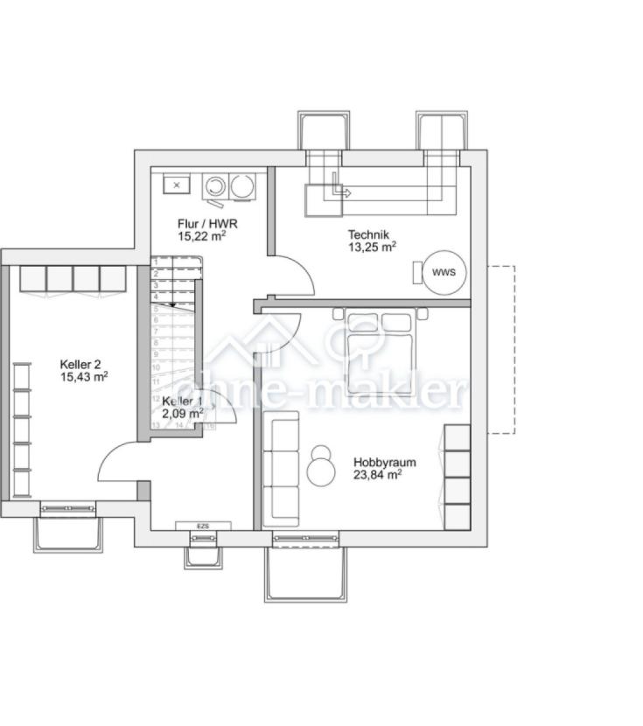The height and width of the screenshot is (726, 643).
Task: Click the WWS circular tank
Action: (x=444, y=272)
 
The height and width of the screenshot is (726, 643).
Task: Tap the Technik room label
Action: (x=367, y=234)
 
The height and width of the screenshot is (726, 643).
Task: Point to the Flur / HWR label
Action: (x=207, y=223)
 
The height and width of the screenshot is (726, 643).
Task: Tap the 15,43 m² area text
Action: (x=83, y=377)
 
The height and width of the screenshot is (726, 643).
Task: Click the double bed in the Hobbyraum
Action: (x=378, y=350)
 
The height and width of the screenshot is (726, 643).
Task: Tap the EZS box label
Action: (x=203, y=526)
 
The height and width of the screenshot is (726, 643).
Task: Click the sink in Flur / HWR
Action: (x=178, y=185)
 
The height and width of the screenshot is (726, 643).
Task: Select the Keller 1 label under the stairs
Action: (x=181, y=401)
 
